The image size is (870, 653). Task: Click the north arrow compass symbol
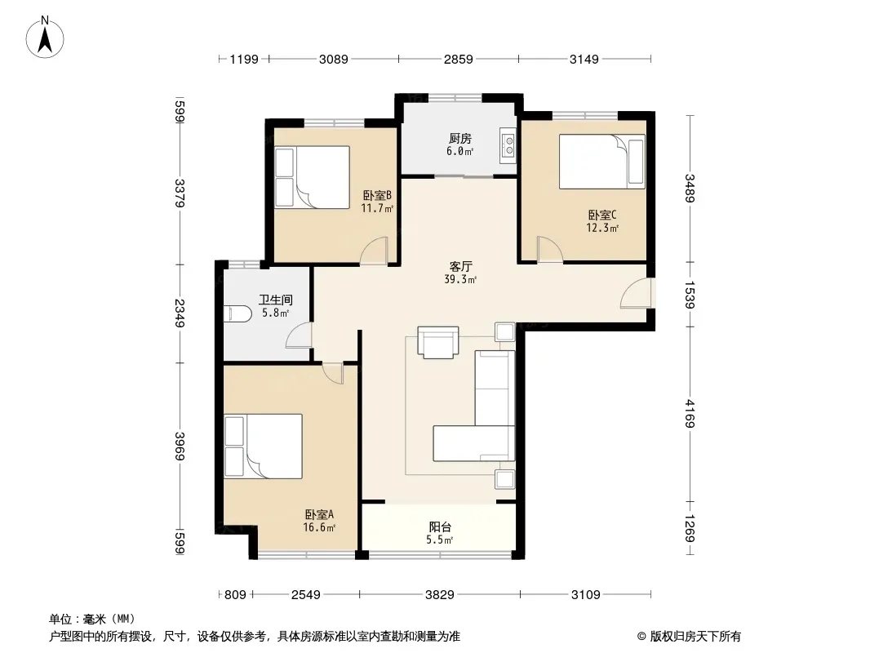point(45,37)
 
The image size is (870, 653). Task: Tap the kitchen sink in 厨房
point(508,145)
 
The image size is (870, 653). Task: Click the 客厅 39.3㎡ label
point(460,273)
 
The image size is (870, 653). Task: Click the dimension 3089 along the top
point(334,59)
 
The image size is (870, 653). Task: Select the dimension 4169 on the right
point(690,413)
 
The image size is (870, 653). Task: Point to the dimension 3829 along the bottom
point(439,595)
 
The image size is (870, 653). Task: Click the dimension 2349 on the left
point(180,313)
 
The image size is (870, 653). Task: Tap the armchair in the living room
point(438,342)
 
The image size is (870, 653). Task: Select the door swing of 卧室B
point(374,250)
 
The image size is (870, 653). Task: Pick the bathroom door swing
point(299,335)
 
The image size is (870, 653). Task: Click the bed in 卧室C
point(602,162)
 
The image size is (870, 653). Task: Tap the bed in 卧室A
point(263,446)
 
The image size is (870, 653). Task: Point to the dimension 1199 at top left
point(244,59)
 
